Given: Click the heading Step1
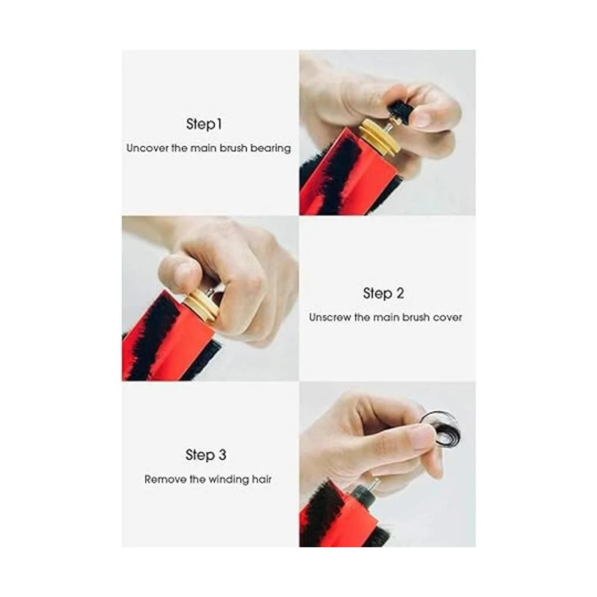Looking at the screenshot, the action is (204, 124).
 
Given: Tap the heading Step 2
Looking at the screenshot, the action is (383, 293).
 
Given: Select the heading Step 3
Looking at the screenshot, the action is (205, 455).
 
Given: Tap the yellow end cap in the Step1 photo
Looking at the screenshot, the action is (379, 136).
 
